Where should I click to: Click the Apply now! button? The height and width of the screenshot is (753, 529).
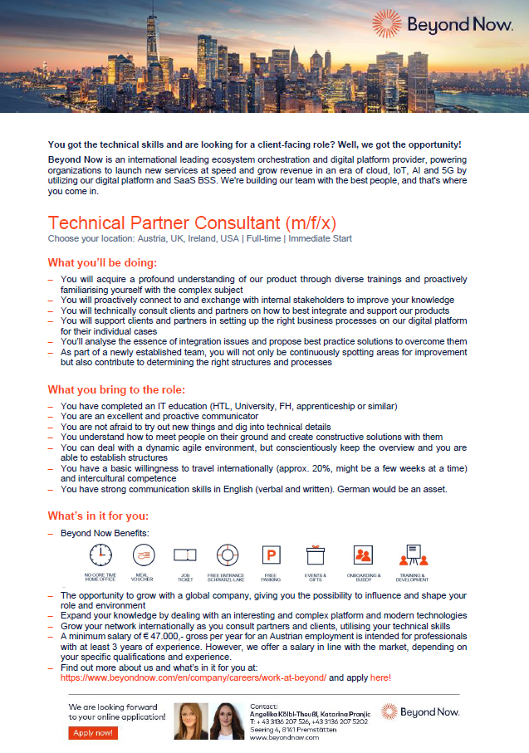click(92, 732)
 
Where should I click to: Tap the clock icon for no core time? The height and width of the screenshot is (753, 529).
click(100, 555)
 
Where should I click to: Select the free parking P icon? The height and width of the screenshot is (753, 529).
click(271, 555)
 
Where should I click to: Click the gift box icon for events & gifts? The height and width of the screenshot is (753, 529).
click(314, 555)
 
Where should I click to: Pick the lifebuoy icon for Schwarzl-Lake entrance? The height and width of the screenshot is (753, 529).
click(227, 555)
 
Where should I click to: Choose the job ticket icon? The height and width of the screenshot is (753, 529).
click(184, 555)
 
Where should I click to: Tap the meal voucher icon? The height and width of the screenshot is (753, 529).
click(143, 555)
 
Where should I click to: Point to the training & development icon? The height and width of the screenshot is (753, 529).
click(412, 555)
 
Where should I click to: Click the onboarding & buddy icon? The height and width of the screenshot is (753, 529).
click(363, 555)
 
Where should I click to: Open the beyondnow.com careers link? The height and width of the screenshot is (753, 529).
click(193, 677)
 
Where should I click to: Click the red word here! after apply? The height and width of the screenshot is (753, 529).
click(380, 677)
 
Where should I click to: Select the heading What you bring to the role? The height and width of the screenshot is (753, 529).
click(116, 389)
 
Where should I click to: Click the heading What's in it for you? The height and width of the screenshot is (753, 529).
click(98, 516)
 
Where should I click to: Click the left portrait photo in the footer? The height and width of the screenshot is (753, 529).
click(191, 721)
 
